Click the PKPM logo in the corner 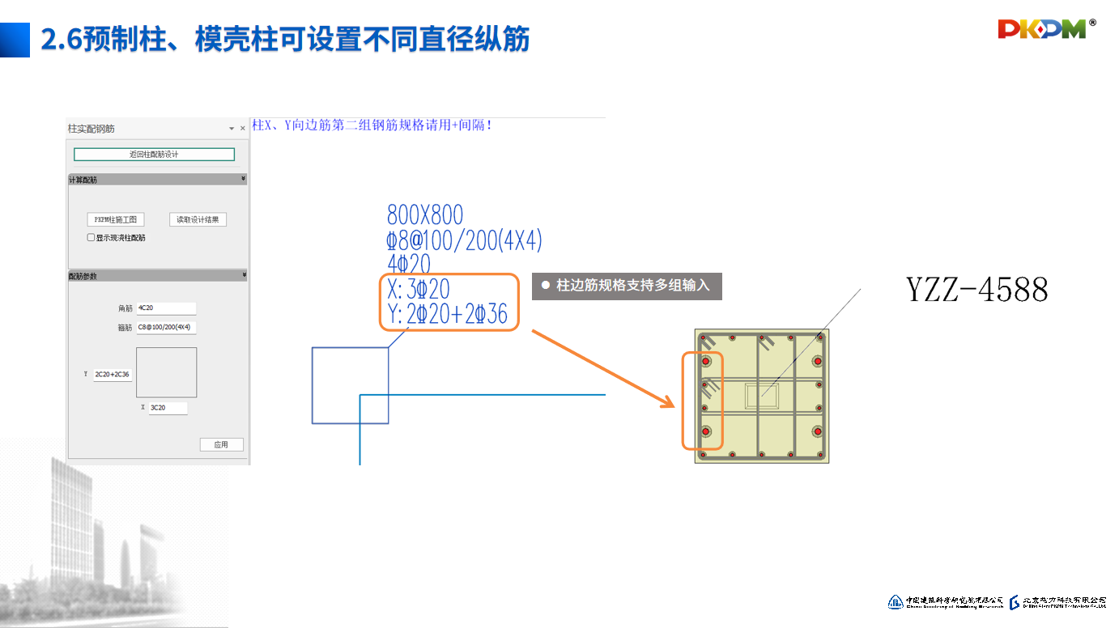coord(1045,29)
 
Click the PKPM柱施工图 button coord(116,219)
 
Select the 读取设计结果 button coord(198,219)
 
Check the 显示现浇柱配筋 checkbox coord(91,238)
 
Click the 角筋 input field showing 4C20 coord(166,308)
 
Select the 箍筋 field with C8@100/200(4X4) coord(166,328)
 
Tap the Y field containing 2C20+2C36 coord(113,375)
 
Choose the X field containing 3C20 coord(168,408)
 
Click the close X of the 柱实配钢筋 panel coord(243,129)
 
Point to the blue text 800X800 coord(425,215)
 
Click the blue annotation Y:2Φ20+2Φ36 coord(448,315)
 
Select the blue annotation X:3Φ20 coord(419,289)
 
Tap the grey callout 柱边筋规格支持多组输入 coord(626,286)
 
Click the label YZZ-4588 coord(976,289)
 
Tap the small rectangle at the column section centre coord(762,397)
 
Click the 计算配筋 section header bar coord(157,180)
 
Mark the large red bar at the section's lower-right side coord(818,431)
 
